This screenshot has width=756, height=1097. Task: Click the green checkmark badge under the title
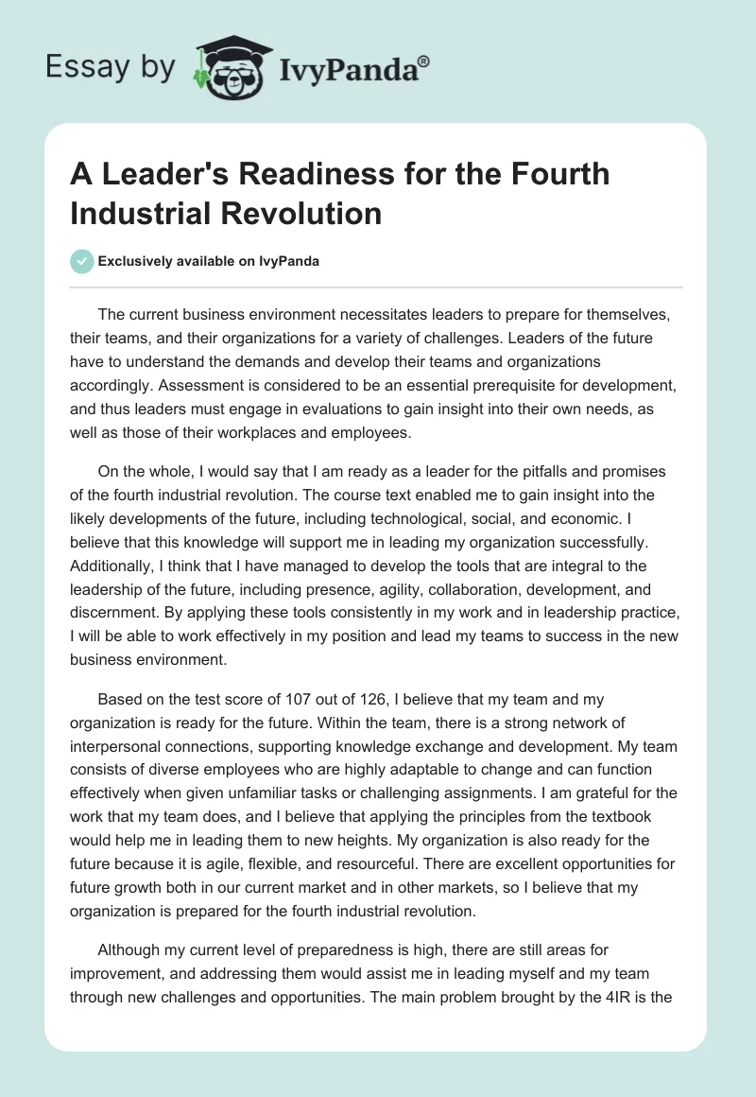82,261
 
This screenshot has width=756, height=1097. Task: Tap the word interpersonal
121,745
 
